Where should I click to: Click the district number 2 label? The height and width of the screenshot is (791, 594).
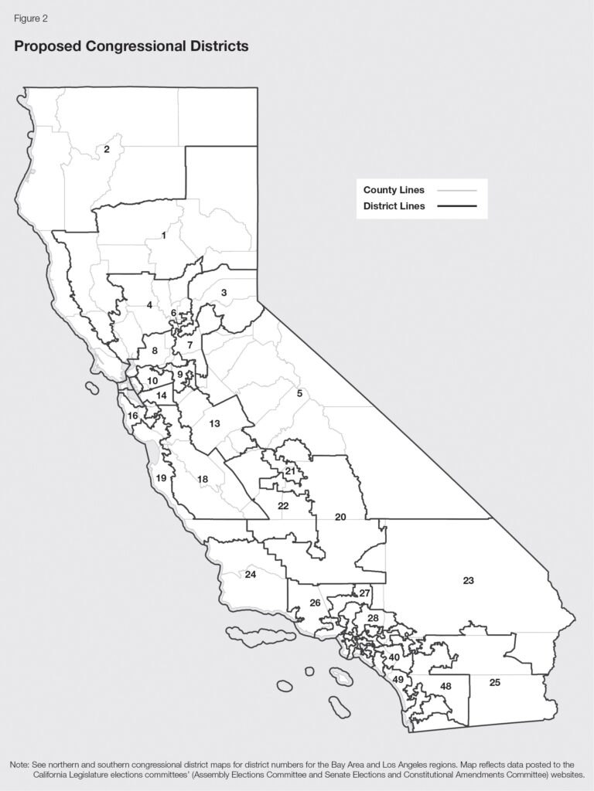pyautogui.click(x=108, y=149)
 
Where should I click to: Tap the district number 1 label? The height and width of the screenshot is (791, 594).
pyautogui.click(x=164, y=236)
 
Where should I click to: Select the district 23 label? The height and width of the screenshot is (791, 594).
pyautogui.click(x=468, y=580)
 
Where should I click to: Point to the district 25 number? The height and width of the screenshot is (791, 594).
pyautogui.click(x=495, y=683)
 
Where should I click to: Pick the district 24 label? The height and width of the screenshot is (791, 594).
pyautogui.click(x=251, y=575)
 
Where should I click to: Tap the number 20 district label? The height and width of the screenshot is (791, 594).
pyautogui.click(x=340, y=517)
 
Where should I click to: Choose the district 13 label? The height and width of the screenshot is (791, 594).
pyautogui.click(x=215, y=423)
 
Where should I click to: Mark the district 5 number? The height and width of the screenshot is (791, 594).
pyautogui.click(x=299, y=394)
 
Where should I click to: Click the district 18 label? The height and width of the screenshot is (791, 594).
pyautogui.click(x=203, y=480)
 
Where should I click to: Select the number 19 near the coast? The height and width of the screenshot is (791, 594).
pyautogui.click(x=161, y=479)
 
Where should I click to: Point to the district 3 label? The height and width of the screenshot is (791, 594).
pyautogui.click(x=224, y=293)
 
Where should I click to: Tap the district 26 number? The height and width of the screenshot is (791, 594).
pyautogui.click(x=315, y=603)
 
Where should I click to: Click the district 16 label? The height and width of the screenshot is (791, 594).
pyautogui.click(x=133, y=416)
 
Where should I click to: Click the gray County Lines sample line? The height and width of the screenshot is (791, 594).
pyautogui.click(x=456, y=190)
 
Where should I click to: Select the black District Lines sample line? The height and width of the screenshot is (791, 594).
pyautogui.click(x=456, y=206)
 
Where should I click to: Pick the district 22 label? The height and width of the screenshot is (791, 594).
pyautogui.click(x=283, y=506)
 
